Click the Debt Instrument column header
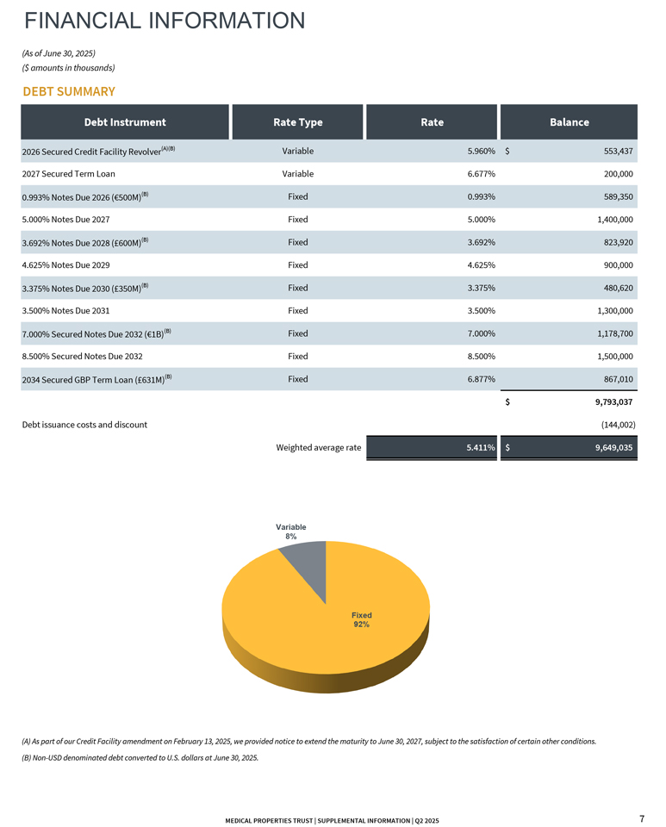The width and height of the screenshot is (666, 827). click(x=125, y=122)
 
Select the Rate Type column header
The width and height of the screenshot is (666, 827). click(x=297, y=122)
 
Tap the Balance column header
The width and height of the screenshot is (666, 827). click(x=569, y=122)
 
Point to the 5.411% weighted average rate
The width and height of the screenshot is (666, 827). click(x=476, y=448)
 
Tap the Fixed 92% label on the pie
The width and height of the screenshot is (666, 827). click(x=361, y=619)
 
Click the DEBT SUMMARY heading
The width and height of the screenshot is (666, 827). click(x=69, y=91)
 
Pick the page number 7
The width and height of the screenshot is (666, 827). click(x=642, y=818)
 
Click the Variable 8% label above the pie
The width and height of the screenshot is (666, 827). click(x=290, y=532)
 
